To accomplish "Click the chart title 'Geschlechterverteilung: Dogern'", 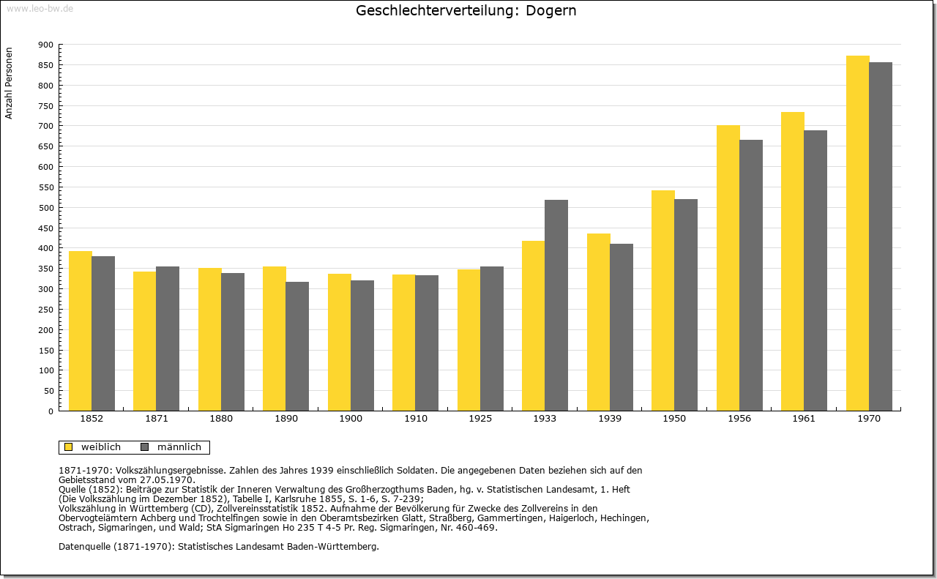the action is (466, 10).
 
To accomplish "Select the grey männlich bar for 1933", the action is (556, 305).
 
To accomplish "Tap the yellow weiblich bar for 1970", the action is (857, 234).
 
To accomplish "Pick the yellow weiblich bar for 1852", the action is (81, 331).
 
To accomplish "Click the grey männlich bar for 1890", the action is (297, 346).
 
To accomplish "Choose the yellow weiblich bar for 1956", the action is (728, 268).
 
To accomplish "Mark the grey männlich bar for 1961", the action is (815, 271).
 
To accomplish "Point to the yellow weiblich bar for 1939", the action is (599, 322).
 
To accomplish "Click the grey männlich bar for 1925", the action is (492, 339).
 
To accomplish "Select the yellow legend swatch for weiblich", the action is (69, 447).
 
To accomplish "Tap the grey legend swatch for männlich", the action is (145, 447).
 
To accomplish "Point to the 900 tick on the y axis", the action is (60, 45).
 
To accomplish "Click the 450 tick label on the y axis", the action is (46, 228).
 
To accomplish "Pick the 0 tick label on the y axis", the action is (51, 411).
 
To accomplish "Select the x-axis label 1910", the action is (416, 419).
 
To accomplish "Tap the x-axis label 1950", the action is (674, 419).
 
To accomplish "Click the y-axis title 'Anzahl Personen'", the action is (9, 83).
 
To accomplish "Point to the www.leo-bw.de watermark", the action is (40, 8).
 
